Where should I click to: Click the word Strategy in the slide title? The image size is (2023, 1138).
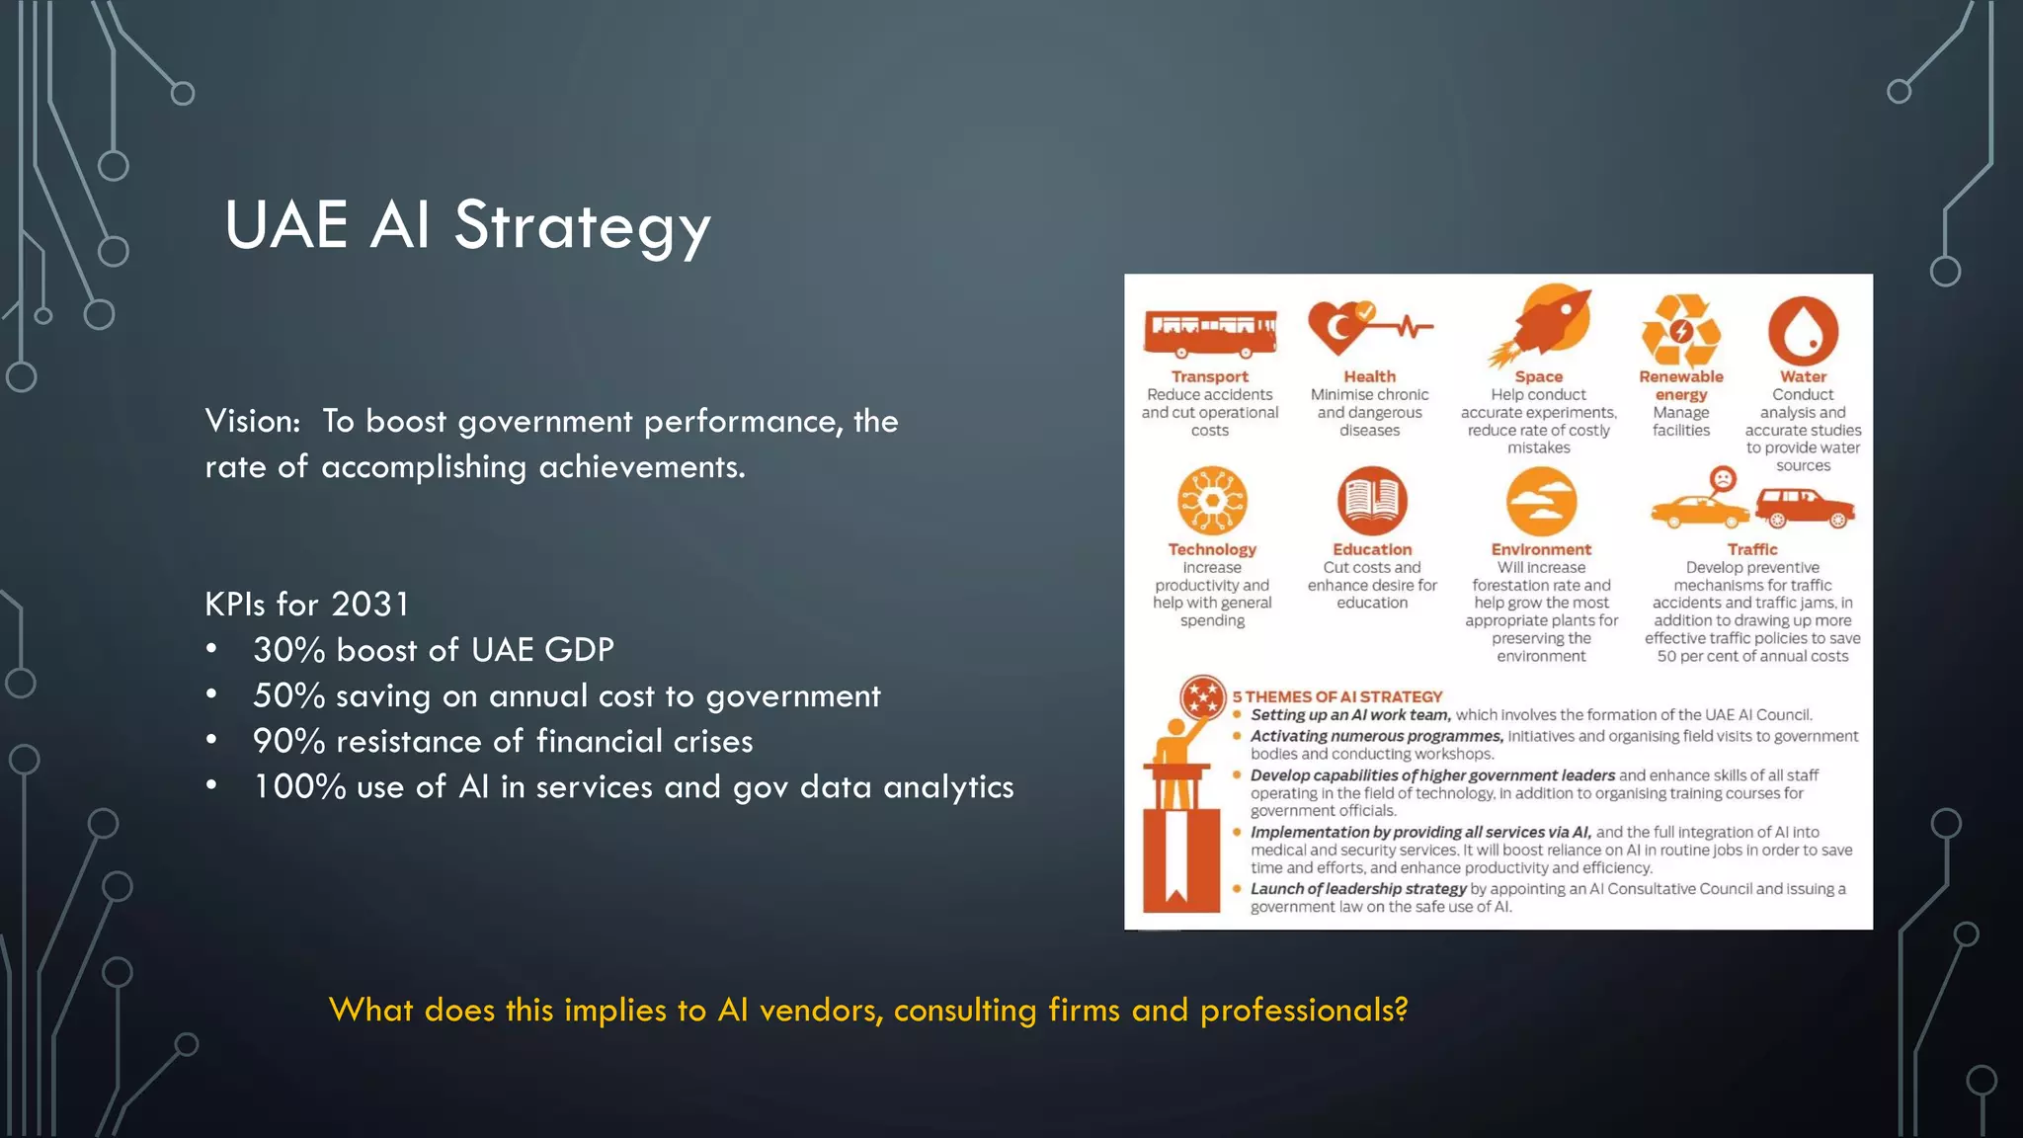tap(582, 226)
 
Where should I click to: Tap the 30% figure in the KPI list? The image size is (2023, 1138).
tap(288, 650)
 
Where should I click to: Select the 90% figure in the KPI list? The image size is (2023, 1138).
tap(288, 741)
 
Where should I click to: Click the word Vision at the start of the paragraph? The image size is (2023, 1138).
tap(252, 422)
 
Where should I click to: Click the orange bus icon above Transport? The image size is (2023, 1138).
tap(1210, 333)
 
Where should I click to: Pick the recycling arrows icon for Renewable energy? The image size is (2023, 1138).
tap(1680, 332)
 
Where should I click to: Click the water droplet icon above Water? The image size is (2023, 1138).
tap(1803, 332)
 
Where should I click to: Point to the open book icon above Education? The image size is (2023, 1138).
tap(1372, 501)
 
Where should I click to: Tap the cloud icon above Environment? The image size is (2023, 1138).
tap(1541, 501)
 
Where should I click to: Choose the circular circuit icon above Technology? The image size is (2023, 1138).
tap(1212, 501)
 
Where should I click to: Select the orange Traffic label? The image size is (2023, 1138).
tap(1751, 549)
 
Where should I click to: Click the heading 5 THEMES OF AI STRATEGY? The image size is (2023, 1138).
tap(1336, 696)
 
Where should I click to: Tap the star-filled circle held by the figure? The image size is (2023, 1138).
tap(1203, 698)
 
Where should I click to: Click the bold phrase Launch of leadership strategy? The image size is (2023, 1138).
tap(1358, 889)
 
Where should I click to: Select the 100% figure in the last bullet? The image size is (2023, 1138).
tap(299, 787)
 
